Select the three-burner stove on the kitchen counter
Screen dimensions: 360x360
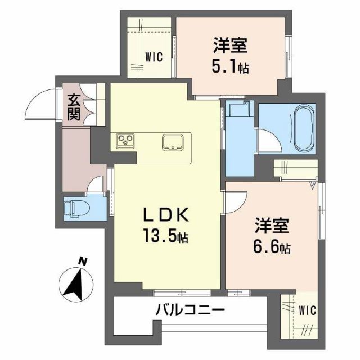pos(125,141)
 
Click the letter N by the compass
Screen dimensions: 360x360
pos(83,260)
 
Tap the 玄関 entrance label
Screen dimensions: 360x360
pos(74,107)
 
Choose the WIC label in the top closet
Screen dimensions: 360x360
pos(154,57)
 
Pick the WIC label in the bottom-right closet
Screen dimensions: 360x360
pos(307,310)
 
